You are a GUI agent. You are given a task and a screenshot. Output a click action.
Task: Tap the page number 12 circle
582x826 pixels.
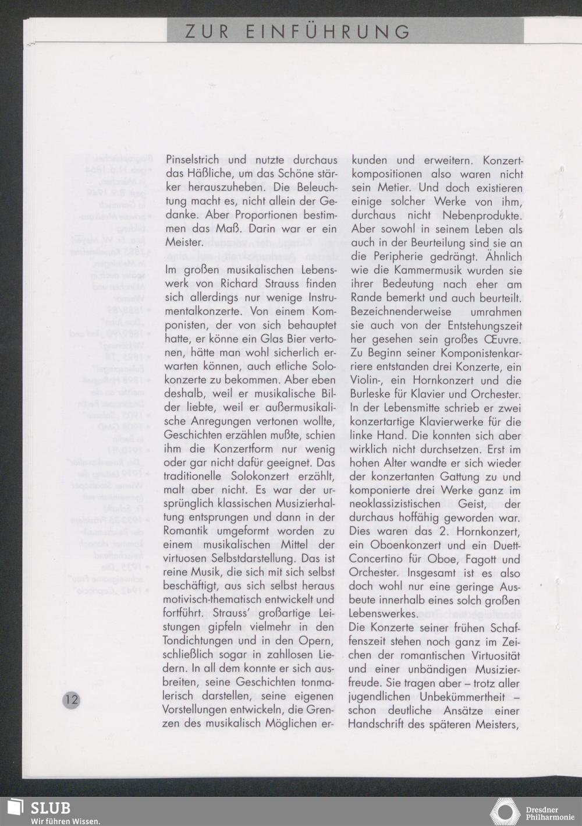coord(71,700)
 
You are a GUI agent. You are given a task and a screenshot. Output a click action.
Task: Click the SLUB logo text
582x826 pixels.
coord(51,808)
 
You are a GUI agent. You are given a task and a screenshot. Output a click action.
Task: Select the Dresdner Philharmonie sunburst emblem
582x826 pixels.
coord(506,812)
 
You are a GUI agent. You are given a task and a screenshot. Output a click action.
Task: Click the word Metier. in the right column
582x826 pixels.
coord(395,188)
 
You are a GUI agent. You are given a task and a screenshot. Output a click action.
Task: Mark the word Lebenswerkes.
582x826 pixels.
coord(382,614)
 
